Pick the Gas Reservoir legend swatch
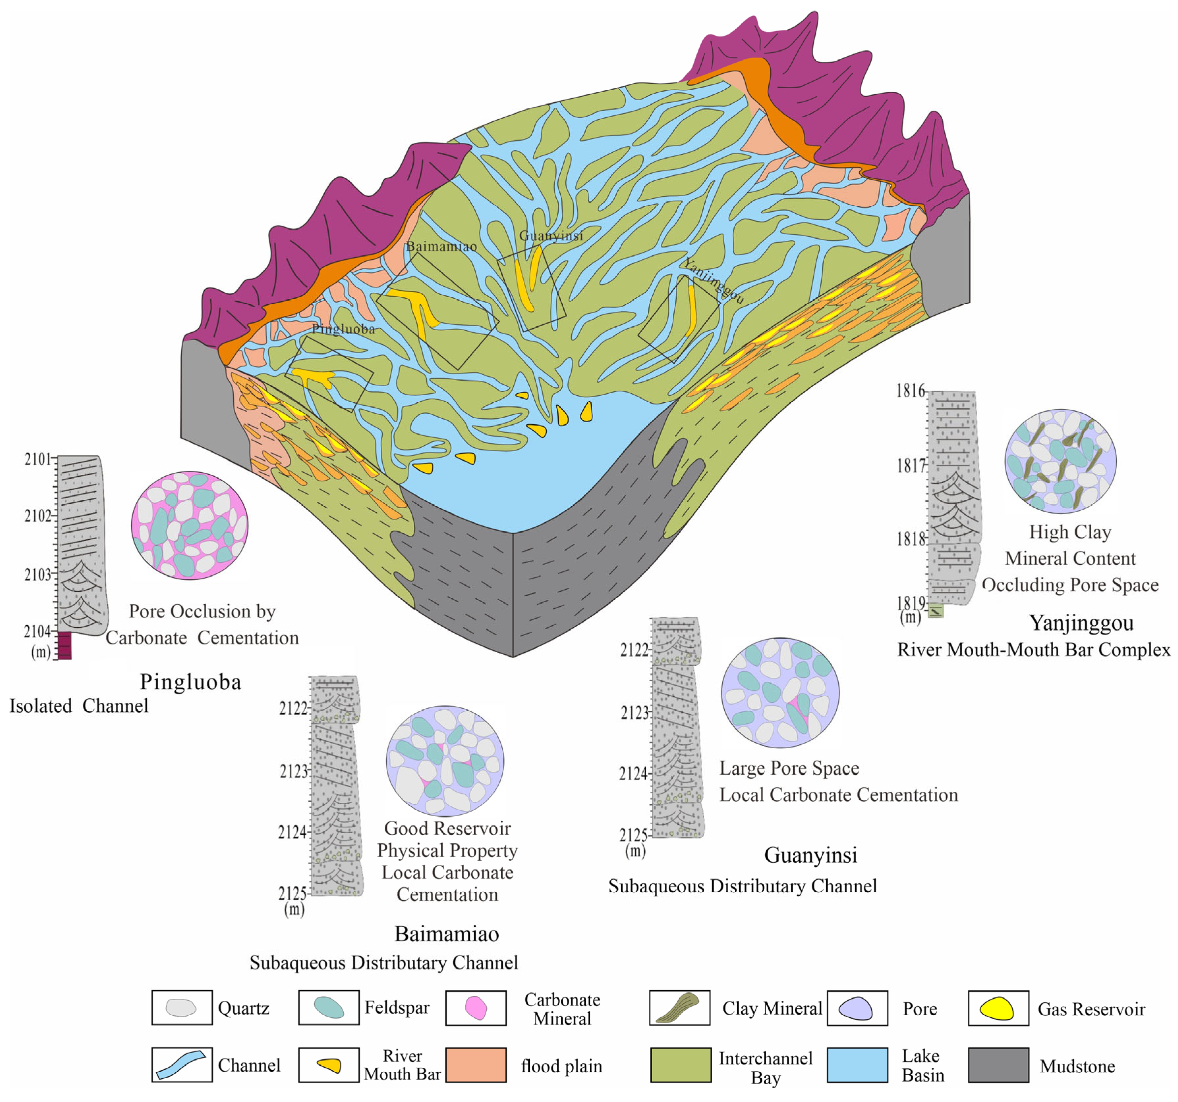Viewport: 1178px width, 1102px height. pos(998,1008)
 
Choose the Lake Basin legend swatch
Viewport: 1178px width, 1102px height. pos(857,1065)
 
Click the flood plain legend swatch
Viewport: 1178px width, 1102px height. pos(476,1065)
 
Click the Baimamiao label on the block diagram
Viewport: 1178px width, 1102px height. pos(441,247)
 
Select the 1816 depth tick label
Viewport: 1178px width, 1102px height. pos(910,391)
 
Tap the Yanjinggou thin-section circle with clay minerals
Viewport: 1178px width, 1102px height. pos(1060,461)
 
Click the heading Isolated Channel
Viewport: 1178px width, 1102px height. pos(79,706)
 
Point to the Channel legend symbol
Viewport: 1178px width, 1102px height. pos(181,1065)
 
